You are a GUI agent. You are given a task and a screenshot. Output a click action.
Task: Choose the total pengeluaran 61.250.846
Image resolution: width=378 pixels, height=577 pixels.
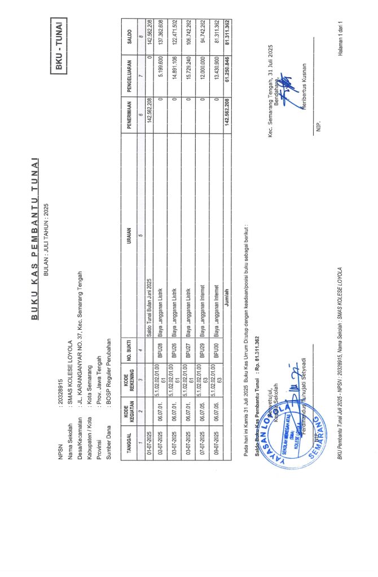(x=228, y=75)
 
